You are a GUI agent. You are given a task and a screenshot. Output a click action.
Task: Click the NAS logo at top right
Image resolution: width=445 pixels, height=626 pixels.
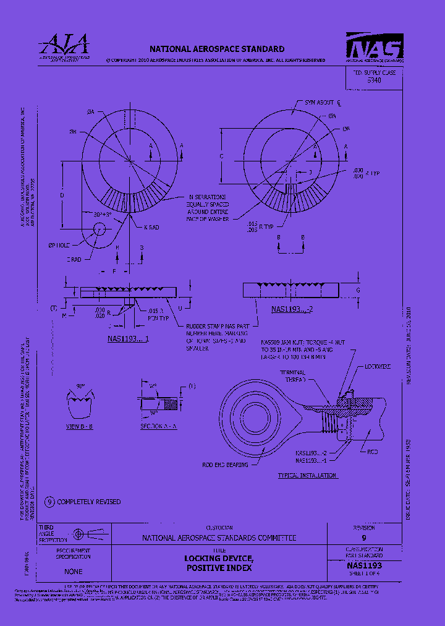tap(375, 48)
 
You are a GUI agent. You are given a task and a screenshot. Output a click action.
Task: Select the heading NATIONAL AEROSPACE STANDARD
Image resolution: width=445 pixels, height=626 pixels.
tap(217, 49)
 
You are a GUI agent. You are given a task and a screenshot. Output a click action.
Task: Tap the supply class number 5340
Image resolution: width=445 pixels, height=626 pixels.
tap(374, 80)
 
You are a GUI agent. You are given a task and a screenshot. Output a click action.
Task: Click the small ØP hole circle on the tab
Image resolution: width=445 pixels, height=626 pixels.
tap(98, 229)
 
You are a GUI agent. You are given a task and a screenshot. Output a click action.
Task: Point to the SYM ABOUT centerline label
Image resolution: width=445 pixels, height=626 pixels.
tap(323, 102)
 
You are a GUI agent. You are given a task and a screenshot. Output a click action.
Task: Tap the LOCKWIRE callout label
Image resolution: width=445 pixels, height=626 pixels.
tap(378, 367)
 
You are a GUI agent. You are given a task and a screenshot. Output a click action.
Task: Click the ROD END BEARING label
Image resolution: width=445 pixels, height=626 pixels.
tap(225, 465)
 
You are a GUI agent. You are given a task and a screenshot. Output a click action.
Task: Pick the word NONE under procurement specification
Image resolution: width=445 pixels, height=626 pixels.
tap(73, 572)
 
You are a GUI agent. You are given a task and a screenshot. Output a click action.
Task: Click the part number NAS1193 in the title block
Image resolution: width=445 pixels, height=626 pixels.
tap(364, 565)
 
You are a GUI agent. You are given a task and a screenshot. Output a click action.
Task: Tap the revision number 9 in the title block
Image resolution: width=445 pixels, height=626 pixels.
tap(363, 538)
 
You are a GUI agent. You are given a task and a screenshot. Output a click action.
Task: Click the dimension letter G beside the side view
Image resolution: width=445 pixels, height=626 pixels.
tap(358, 289)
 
